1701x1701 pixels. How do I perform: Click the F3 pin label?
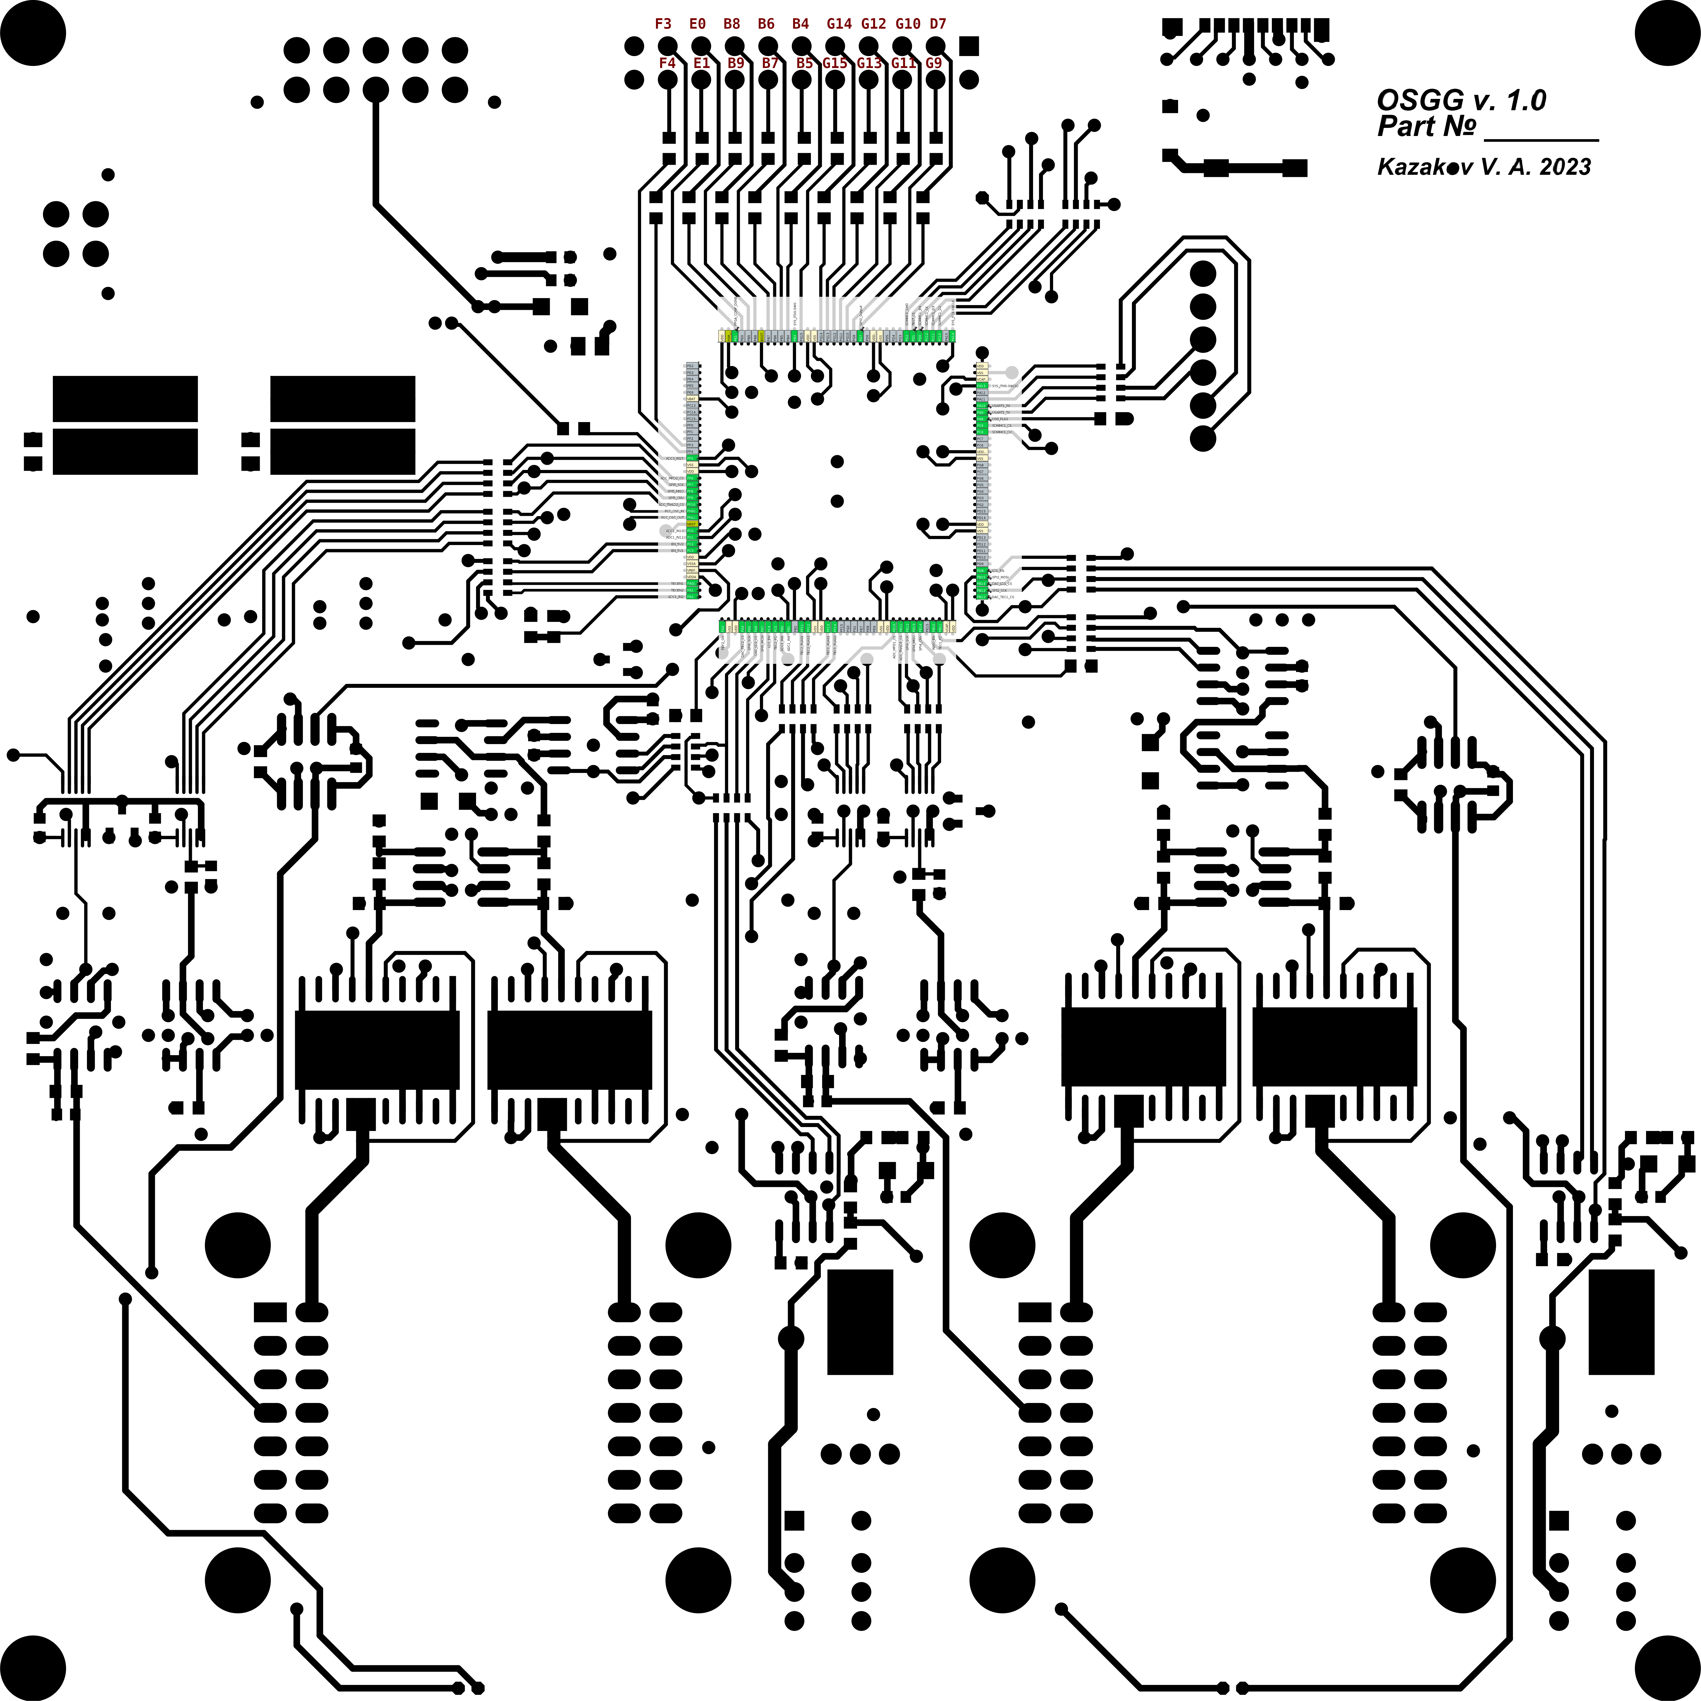(x=663, y=24)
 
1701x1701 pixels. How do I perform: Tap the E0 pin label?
(x=697, y=24)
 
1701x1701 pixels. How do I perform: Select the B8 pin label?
(x=732, y=24)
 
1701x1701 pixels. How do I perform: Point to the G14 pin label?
(x=839, y=24)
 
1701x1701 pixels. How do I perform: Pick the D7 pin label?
(x=938, y=24)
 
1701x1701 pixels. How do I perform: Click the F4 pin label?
(x=666, y=63)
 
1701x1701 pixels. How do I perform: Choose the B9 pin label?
(x=736, y=63)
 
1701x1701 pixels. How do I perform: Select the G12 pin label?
(x=873, y=24)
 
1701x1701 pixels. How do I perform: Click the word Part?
(x=1406, y=127)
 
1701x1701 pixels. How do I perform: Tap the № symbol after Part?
(x=1459, y=127)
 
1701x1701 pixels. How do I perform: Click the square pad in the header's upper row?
(x=968, y=46)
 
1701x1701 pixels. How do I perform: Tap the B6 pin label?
(x=766, y=24)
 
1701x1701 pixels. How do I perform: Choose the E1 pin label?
(x=701, y=63)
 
